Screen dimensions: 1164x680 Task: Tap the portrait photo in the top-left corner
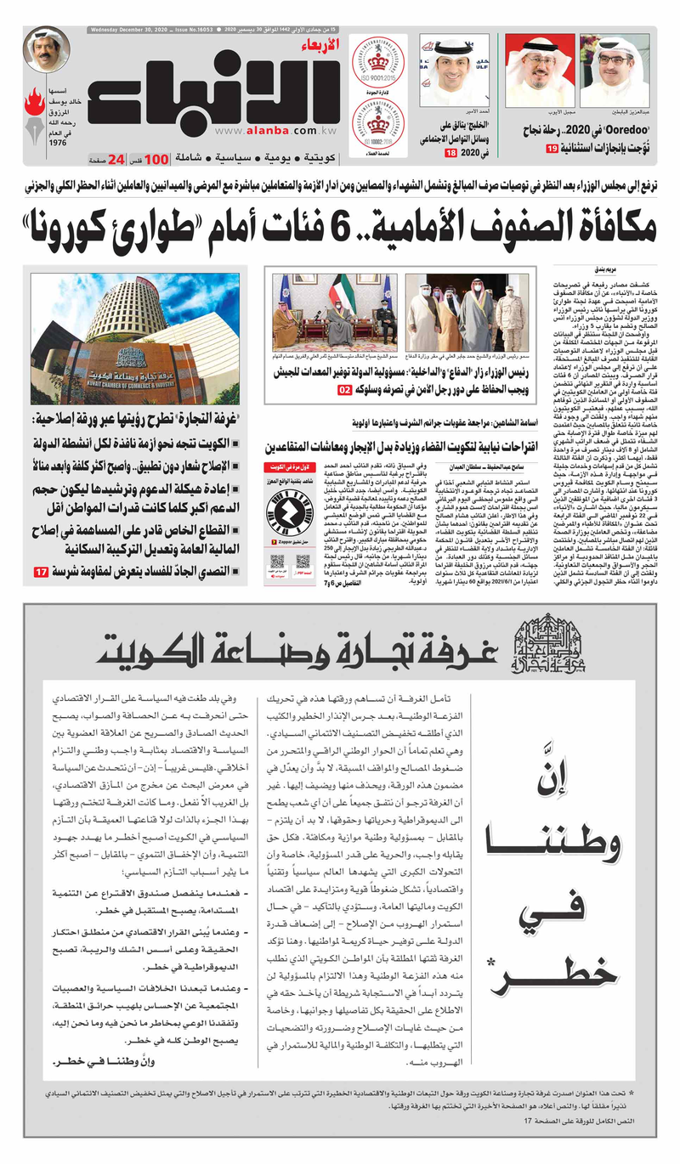coord(46,50)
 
